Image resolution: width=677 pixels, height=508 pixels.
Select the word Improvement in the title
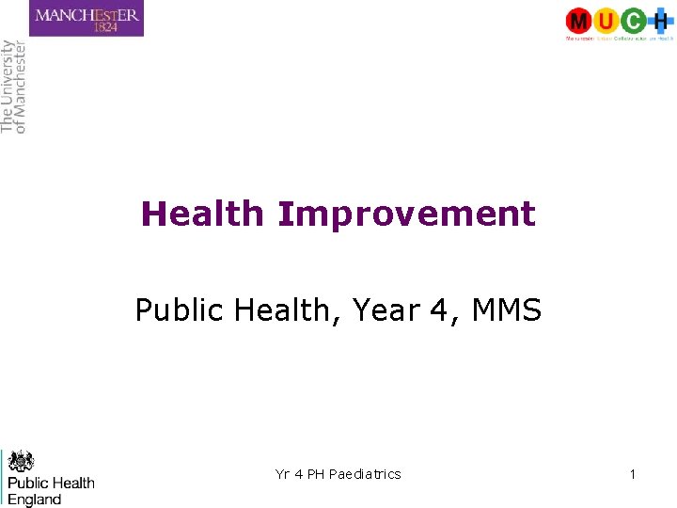pyautogui.click(x=406, y=214)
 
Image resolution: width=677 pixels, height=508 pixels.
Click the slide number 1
pyautogui.click(x=633, y=474)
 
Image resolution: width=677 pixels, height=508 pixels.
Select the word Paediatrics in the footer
pyautogui.click(x=365, y=474)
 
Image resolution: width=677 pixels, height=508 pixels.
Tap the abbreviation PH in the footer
pyautogui.click(x=315, y=474)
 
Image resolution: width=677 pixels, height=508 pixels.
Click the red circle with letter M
pyautogui.click(x=579, y=20)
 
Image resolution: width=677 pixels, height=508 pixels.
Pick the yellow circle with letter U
pyautogui.click(x=606, y=20)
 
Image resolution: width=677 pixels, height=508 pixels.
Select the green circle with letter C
pyautogui.click(x=634, y=20)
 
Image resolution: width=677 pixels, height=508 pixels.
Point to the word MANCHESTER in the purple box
pyautogui.click(x=87, y=13)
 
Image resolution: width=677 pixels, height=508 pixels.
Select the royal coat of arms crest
pyautogui.click(x=21, y=461)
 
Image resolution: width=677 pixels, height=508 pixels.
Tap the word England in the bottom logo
pyautogui.click(x=35, y=499)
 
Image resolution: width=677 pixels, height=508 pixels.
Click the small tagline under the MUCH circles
pyautogui.click(x=619, y=39)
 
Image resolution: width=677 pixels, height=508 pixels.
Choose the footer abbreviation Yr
pyautogui.click(x=283, y=474)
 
